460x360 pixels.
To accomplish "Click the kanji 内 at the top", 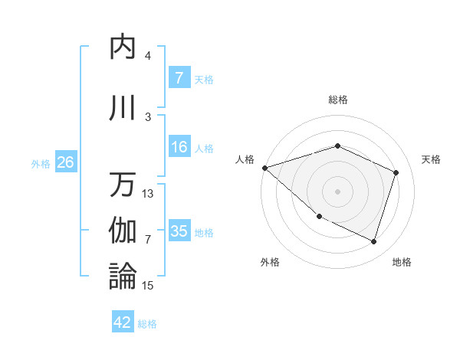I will point(123,47).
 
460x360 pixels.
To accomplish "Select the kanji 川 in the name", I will point(123,109).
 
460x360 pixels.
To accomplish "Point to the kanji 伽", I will point(123,231).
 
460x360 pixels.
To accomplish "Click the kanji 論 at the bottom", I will point(123,276).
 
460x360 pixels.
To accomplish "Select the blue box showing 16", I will point(179,148).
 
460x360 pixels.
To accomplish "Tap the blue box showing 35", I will point(179,232).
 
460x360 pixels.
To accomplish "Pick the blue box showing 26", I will point(65,163).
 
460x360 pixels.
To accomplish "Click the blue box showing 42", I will point(123,322).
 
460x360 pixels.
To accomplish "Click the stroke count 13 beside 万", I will point(148,194).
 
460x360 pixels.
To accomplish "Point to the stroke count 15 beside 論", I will point(148,286).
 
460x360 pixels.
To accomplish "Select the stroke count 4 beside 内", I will point(148,56).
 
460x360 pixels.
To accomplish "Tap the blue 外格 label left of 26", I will point(41,164).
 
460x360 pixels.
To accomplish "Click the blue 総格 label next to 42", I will point(147,324).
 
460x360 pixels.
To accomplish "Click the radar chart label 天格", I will point(432,159).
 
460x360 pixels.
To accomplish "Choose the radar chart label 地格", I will point(402,263).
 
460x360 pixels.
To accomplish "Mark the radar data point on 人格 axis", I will point(264,167).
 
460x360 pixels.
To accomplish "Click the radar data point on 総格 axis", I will point(337,146).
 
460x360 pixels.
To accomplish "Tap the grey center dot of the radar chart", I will point(337,191).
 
